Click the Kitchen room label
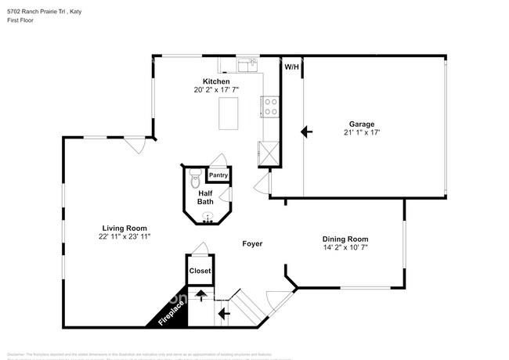pyautogui.click(x=216, y=81)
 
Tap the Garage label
pyautogui.click(x=361, y=124)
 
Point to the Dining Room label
pyautogui.click(x=345, y=239)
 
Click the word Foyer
pyautogui.click(x=251, y=244)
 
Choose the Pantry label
pyautogui.click(x=218, y=175)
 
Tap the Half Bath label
pyautogui.click(x=205, y=197)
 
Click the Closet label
pyautogui.click(x=200, y=271)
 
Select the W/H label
pyautogui.click(x=291, y=67)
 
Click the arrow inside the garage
pyautogui.click(x=307, y=132)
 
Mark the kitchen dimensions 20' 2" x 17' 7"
pyautogui.click(x=216, y=91)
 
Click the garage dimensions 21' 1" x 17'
pyautogui.click(x=361, y=133)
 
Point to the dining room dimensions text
pyautogui.click(x=345, y=249)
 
